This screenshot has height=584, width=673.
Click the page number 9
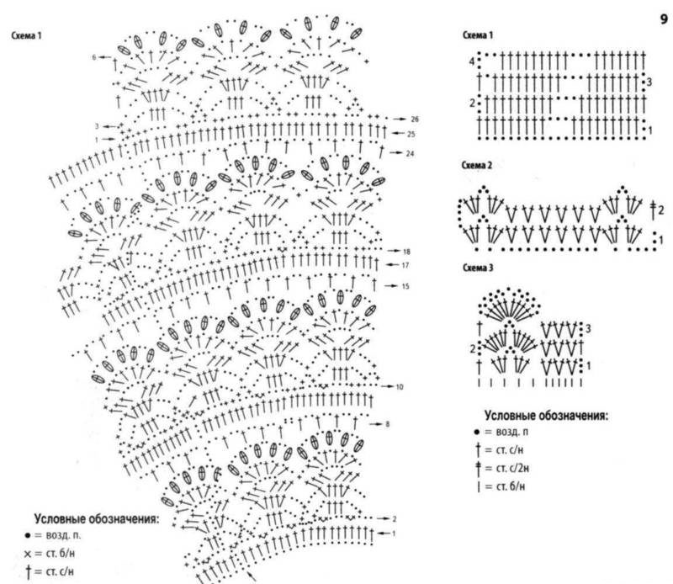click(663, 14)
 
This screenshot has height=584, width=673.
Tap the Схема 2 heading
click(478, 166)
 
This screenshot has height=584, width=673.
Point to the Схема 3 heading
click(478, 268)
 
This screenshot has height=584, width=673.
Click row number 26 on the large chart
click(415, 119)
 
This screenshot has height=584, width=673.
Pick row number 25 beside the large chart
click(411, 134)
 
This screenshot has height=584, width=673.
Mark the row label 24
click(409, 153)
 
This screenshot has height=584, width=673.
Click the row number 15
click(405, 287)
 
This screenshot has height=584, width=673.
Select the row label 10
click(400, 386)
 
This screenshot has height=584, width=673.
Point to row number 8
click(388, 424)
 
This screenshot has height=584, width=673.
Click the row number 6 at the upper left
click(95, 57)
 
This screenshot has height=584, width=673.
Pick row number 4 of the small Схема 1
click(472, 63)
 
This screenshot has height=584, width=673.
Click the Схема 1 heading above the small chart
click(478, 36)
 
